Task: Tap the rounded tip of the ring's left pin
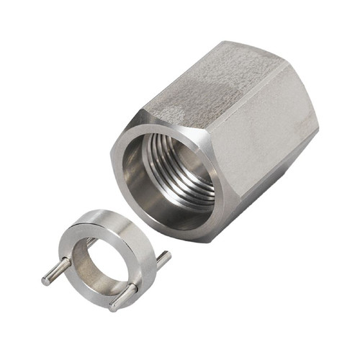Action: [x=45, y=280]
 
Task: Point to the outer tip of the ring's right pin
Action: [x=168, y=254]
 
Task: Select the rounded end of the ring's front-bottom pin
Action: [x=114, y=307]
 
